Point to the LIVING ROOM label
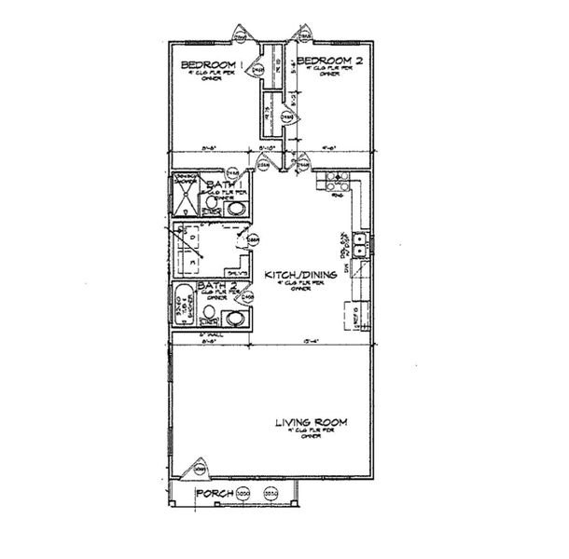click(x=311, y=423)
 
